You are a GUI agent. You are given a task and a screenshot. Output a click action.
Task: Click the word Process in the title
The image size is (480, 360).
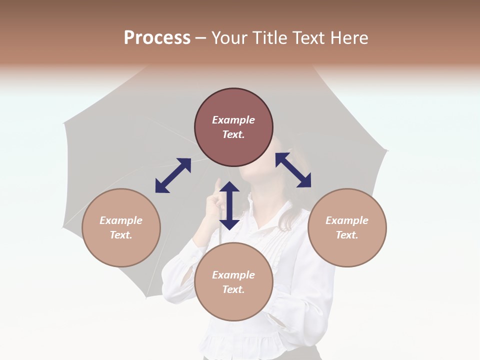(157, 38)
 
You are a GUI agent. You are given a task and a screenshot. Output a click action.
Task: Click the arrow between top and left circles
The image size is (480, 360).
(173, 175)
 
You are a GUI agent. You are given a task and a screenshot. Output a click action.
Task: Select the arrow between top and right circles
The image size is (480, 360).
(293, 170)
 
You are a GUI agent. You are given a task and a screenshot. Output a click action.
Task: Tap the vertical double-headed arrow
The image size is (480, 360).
(229, 205)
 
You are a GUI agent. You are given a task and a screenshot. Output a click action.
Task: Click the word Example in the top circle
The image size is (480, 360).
(233, 120)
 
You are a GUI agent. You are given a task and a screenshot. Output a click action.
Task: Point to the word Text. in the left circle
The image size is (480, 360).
(121, 235)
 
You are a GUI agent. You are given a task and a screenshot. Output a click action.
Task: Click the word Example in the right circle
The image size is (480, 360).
(347, 220)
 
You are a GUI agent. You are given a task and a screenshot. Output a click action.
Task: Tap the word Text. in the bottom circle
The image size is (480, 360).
(233, 289)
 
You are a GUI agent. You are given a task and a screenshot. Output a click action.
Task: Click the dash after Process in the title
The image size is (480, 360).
(201, 38)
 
